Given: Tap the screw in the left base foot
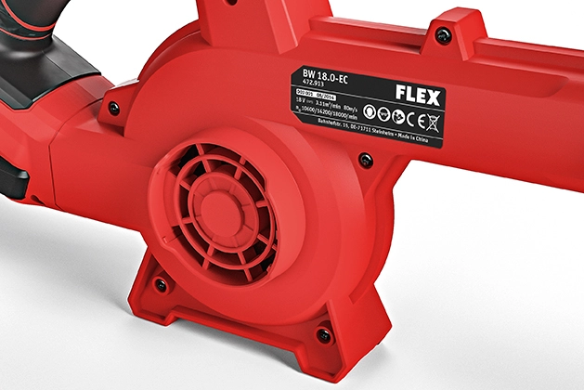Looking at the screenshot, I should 160,282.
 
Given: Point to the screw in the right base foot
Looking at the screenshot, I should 323,334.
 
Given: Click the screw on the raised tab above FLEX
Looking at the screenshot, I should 443,34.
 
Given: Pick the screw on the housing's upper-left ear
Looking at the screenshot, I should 114,108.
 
